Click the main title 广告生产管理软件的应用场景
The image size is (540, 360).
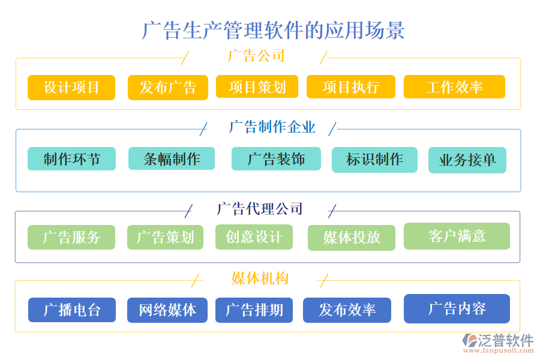click(273, 30)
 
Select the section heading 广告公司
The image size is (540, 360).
click(256, 56)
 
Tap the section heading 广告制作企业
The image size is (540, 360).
click(272, 127)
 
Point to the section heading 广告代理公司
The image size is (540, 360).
click(259, 209)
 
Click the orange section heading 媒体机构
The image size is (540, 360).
click(260, 278)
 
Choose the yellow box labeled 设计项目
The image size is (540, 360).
click(71, 88)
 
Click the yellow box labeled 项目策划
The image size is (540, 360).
click(257, 87)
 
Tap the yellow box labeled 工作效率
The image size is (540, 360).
click(454, 87)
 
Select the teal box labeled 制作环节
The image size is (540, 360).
click(71, 159)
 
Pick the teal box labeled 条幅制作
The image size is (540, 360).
click(172, 159)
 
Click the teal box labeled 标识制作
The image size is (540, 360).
click(374, 160)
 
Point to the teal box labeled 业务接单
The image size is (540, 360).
click(467, 160)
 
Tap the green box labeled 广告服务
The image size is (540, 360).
click(71, 237)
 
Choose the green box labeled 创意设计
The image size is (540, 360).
click(254, 237)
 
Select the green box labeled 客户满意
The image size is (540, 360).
click(457, 236)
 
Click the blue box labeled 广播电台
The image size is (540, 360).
click(71, 310)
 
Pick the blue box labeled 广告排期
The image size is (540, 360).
click(254, 310)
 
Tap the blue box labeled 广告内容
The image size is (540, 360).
click(457, 308)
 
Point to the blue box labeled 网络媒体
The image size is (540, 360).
click(167, 310)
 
